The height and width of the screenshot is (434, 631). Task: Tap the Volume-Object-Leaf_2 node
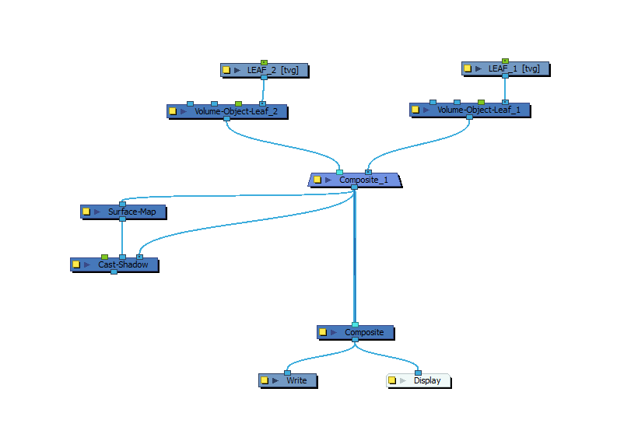pos(233,111)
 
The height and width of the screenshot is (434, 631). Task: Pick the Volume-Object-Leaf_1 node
pos(476,110)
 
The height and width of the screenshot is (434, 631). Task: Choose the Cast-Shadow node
pos(123,264)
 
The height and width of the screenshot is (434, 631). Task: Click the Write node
pos(296,380)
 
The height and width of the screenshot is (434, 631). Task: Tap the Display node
pos(427,380)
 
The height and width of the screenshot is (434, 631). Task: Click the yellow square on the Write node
pos(265,380)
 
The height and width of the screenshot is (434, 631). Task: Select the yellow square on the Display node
pos(392,380)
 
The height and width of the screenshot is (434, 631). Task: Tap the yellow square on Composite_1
pos(317,180)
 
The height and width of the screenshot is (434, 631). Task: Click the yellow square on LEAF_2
pos(226,70)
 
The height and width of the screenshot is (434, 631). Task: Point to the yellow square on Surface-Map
pos(86,211)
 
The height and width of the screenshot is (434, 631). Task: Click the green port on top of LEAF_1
pos(505,61)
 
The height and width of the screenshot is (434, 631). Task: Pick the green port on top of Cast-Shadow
pos(104,257)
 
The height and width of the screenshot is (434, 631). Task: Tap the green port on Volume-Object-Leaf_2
pos(238,103)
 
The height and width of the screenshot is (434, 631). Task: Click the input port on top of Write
pos(287,373)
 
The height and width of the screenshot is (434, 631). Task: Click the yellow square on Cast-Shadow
pos(76,264)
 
